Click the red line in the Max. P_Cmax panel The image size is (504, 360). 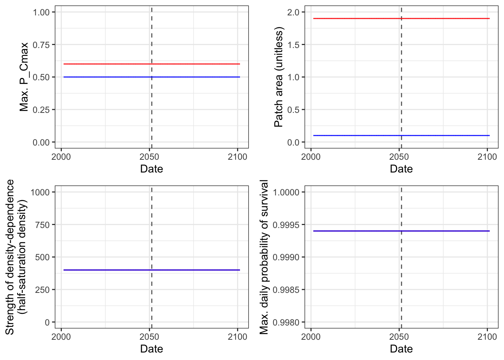click(152, 64)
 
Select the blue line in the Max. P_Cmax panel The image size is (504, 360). click(152, 77)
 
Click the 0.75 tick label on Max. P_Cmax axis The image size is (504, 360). click(41, 45)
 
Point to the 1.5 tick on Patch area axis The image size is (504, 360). click(293, 45)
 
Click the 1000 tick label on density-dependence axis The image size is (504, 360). click(40, 192)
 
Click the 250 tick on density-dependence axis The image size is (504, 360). click(42, 290)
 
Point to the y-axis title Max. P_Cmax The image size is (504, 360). click(24, 77)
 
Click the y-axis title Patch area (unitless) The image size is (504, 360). click(279, 77)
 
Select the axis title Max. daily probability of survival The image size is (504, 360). click(264, 257)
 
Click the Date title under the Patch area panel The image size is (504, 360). click(401, 169)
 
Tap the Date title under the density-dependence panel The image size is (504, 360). click(151, 349)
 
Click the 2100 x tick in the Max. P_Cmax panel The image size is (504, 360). click(237, 157)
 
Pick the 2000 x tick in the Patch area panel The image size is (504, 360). click(311, 157)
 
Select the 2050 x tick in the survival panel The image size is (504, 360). click(399, 337)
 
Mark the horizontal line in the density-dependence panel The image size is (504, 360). click(152, 270)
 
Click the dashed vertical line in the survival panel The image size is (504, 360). click(401, 257)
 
